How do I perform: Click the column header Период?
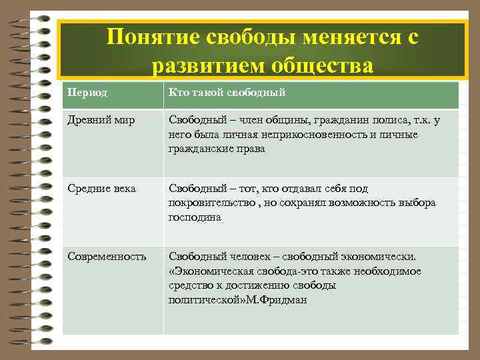pos(85,93)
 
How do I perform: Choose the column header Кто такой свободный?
pos(227,93)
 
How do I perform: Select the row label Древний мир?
pos(97,121)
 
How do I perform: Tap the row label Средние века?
pos(101,189)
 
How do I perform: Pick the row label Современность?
pos(107,256)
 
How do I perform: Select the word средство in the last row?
pos(190,285)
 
